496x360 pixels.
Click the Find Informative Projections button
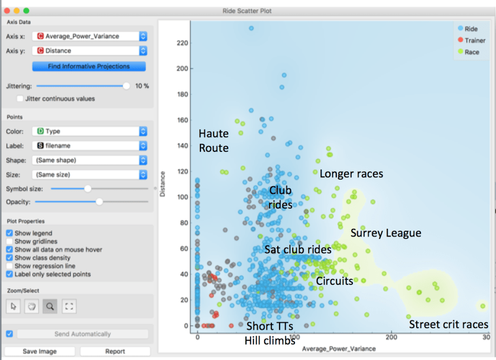click(89, 66)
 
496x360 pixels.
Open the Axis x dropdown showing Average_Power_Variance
click(89, 37)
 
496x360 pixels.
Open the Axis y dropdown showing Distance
click(89, 51)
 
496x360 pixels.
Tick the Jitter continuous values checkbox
click(21, 99)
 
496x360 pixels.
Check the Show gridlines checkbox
click(9, 241)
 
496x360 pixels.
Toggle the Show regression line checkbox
click(9, 266)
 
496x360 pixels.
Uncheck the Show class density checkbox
click(9, 258)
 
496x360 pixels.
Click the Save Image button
click(40, 351)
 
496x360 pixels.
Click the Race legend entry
click(471, 52)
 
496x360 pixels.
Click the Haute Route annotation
click(213, 141)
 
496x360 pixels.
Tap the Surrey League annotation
click(385, 233)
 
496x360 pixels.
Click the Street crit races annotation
click(449, 324)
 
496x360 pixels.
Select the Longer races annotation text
click(351, 174)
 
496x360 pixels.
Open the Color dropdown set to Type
click(89, 131)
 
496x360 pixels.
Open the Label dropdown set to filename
click(89, 145)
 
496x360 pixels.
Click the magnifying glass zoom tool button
click(50, 306)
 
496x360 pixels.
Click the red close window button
click(7, 11)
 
